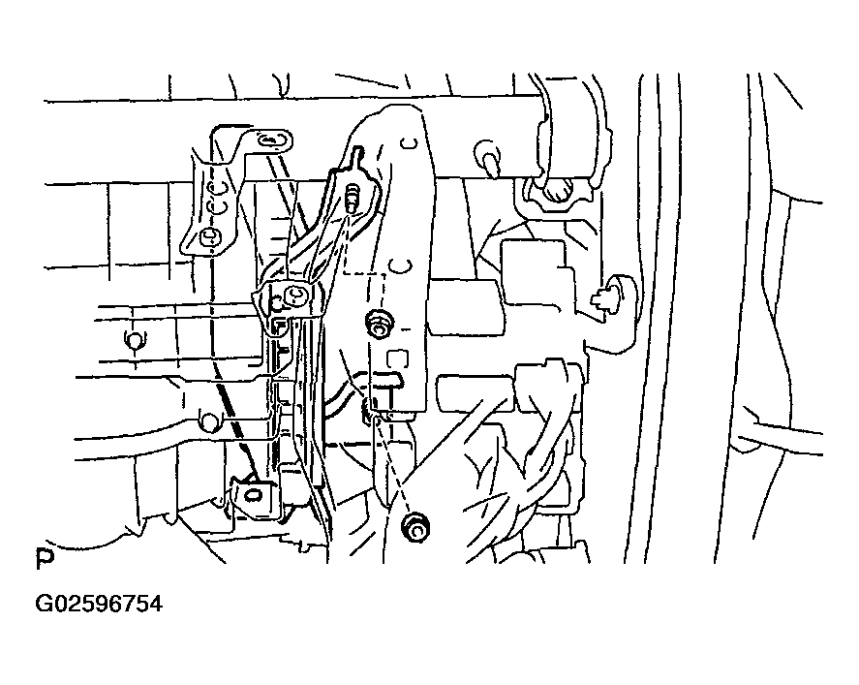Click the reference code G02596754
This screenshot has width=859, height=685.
99,605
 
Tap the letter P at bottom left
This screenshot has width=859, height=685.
44,559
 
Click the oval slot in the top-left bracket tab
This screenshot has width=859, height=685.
274,142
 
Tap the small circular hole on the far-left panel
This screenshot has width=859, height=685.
133,339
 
